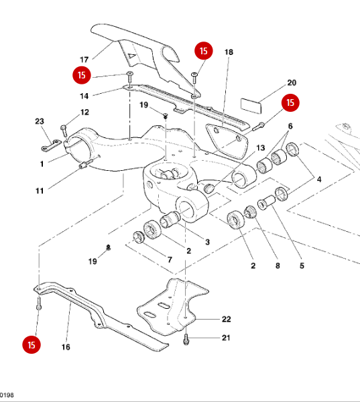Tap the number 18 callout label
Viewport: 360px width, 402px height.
pyautogui.click(x=229, y=52)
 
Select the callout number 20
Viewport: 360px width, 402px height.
pyautogui.click(x=291, y=83)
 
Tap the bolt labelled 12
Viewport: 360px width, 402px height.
pyautogui.click(x=64, y=125)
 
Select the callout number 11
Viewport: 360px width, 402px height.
pyautogui.click(x=40, y=191)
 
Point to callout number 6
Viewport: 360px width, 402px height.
pyautogui.click(x=290, y=127)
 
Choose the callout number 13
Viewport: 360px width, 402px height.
pyautogui.click(x=261, y=148)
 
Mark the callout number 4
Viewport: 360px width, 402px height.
pyautogui.click(x=319, y=179)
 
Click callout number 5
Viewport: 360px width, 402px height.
pyautogui.click(x=302, y=266)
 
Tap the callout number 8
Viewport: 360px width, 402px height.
pyautogui.click(x=277, y=266)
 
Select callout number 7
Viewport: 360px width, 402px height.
pyautogui.click(x=169, y=259)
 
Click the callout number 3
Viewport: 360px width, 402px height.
pyautogui.click(x=207, y=242)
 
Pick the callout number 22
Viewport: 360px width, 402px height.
pyautogui.click(x=226, y=319)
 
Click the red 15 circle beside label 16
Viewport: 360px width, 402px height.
pyautogui.click(x=31, y=345)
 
